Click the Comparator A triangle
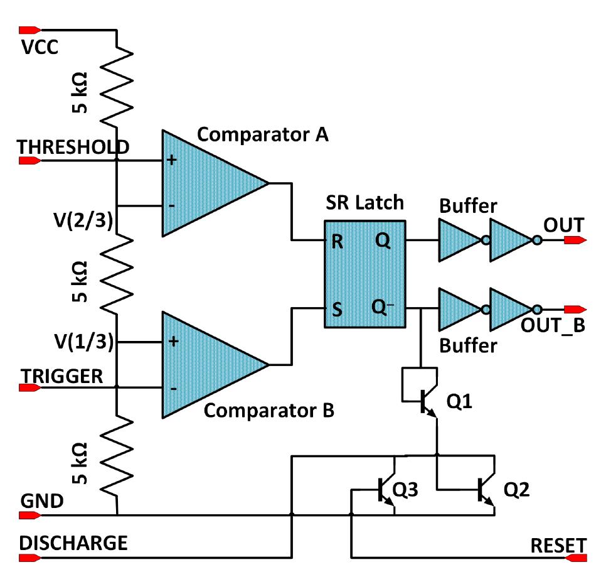pos(207,183)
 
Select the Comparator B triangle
pos(207,365)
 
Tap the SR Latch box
pos(365,274)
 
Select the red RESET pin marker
pos(576,556)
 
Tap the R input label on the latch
pos(337,242)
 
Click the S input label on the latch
pos(337,310)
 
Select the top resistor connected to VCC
pos(117,82)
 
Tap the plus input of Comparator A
pos(171,161)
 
